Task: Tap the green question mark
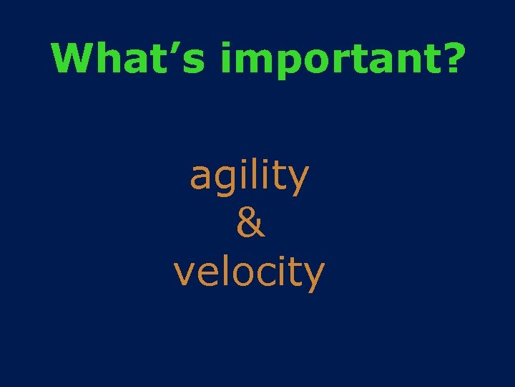pyautogui.click(x=448, y=57)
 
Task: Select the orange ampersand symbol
pyautogui.click(x=250, y=224)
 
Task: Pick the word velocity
pyautogui.click(x=249, y=273)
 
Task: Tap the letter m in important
pyautogui.click(x=250, y=62)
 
